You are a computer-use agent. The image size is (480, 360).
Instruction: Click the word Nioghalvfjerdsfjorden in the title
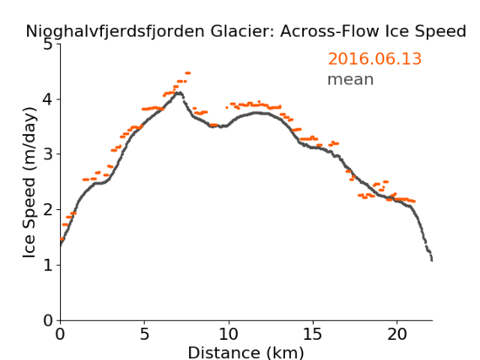tap(115, 32)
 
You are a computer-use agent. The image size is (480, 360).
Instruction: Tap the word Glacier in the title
tap(241, 31)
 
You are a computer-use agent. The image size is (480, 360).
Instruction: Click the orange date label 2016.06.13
tap(375, 58)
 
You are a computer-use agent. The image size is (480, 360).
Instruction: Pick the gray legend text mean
tap(351, 79)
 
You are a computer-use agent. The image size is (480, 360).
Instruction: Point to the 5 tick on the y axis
tap(48, 45)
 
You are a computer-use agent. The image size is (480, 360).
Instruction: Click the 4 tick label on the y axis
tap(48, 99)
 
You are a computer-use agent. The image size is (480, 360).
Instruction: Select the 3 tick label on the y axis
tap(48, 154)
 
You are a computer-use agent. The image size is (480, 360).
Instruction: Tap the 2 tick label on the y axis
tap(48, 210)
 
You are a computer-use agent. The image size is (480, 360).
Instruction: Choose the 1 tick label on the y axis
tap(48, 265)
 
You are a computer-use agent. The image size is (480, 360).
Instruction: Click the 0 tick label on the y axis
tap(48, 320)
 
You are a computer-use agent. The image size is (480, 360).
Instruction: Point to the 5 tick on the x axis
tap(144, 334)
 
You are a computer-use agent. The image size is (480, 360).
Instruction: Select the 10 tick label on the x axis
tap(229, 334)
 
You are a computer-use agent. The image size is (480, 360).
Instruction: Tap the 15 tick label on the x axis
tap(313, 334)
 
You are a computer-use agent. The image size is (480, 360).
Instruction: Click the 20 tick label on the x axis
tap(396, 334)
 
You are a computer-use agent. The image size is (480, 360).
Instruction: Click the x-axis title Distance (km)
tap(245, 352)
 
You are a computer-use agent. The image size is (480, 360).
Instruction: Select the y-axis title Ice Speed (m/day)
tap(30, 182)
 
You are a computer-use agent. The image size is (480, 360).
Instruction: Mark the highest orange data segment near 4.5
tap(187, 73)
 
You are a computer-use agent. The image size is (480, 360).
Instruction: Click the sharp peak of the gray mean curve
tap(180, 93)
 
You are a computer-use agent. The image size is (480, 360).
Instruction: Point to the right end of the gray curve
tap(432, 261)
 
